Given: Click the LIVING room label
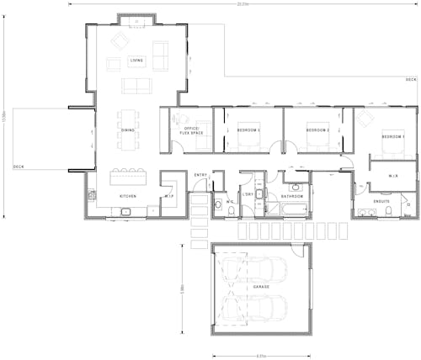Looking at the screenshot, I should (x=136, y=61).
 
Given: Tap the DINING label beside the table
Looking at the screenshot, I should (x=128, y=130).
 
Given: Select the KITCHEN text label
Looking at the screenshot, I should (x=127, y=196).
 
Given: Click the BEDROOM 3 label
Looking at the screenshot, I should (x=248, y=130).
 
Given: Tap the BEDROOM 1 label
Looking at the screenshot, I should (x=393, y=136).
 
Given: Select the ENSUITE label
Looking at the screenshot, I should (x=381, y=202).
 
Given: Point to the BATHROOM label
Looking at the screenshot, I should (x=292, y=196).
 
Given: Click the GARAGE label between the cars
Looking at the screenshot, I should (x=261, y=287).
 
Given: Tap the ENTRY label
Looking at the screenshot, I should (x=200, y=175).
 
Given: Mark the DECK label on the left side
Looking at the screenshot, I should (x=19, y=167).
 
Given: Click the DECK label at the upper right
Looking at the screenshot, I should (x=410, y=80).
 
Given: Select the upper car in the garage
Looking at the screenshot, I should (x=261, y=269).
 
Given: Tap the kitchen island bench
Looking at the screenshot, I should (x=128, y=177).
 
